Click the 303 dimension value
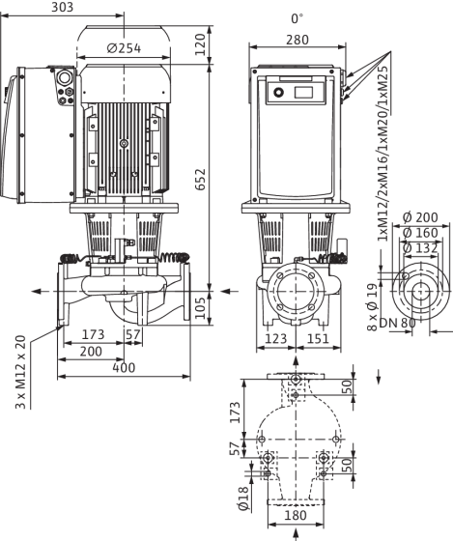pos(63,8)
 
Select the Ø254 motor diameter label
pos(124,48)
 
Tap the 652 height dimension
pos(200,179)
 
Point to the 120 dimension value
pos(200,44)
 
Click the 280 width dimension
pos(297,40)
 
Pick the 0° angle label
pos(297,18)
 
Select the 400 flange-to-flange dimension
pos(125,368)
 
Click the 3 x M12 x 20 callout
pos(21,372)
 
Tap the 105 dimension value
pos(200,308)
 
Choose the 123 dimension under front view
pos(275,338)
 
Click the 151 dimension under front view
pos(318,338)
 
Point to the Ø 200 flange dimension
pos(420,217)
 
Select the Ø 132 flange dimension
pos(420,247)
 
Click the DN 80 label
pos(397,323)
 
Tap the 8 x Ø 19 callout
pos(373,307)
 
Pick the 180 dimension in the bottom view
pos(296,516)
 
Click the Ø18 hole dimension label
pos(243,498)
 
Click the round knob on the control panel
pos(278,93)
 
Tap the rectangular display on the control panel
pos(303,93)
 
